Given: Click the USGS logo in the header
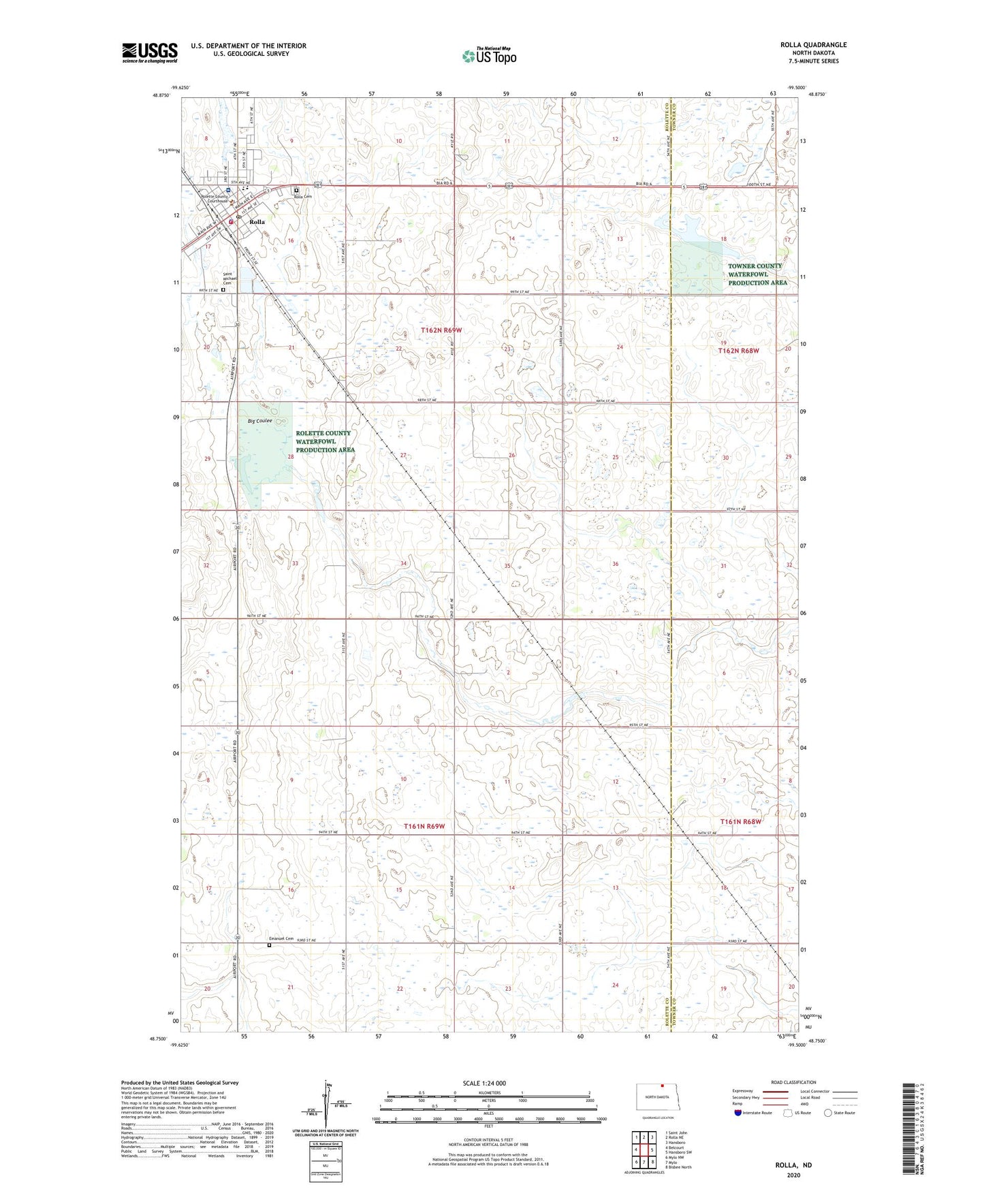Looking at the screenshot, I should click(x=150, y=52).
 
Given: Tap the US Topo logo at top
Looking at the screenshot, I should click(x=489, y=56).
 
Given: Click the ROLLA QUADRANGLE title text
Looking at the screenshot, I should click(x=813, y=45).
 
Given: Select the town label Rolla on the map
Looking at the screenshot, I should click(x=257, y=222).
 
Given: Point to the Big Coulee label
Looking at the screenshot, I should click(x=259, y=421).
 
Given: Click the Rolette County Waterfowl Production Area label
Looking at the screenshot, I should click(x=324, y=441).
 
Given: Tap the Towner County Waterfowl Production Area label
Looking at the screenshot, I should click(x=757, y=274).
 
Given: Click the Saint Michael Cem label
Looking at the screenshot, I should click(x=229, y=279).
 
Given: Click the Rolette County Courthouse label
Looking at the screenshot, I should click(x=215, y=199).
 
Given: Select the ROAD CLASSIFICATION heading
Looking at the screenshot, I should click(x=793, y=1082).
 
